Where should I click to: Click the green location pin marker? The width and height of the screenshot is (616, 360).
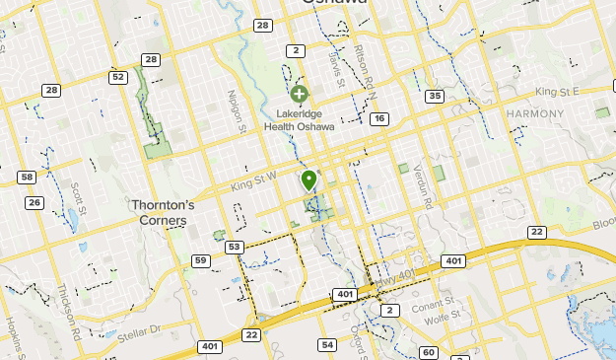tap(309, 180)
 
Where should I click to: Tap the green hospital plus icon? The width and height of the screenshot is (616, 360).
tap(299, 94)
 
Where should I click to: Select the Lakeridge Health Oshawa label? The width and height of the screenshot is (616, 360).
tap(299, 119)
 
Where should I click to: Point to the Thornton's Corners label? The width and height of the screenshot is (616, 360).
tap(164, 212)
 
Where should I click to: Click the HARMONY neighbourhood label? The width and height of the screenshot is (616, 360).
tap(534, 114)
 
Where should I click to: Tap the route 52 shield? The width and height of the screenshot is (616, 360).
tap(118, 77)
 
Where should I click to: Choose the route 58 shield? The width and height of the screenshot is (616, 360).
tap(27, 178)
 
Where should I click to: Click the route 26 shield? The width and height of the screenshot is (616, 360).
tap(35, 203)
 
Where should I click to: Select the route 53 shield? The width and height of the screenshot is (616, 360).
tap(234, 247)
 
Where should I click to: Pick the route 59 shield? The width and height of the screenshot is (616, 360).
tap(201, 260)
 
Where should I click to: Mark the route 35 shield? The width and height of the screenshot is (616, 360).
tap(435, 96)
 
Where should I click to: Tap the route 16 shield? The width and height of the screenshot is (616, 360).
tap(379, 118)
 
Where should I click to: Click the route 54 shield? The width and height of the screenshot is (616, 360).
tap(327, 344)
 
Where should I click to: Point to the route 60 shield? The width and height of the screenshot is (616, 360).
tap(428, 352)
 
